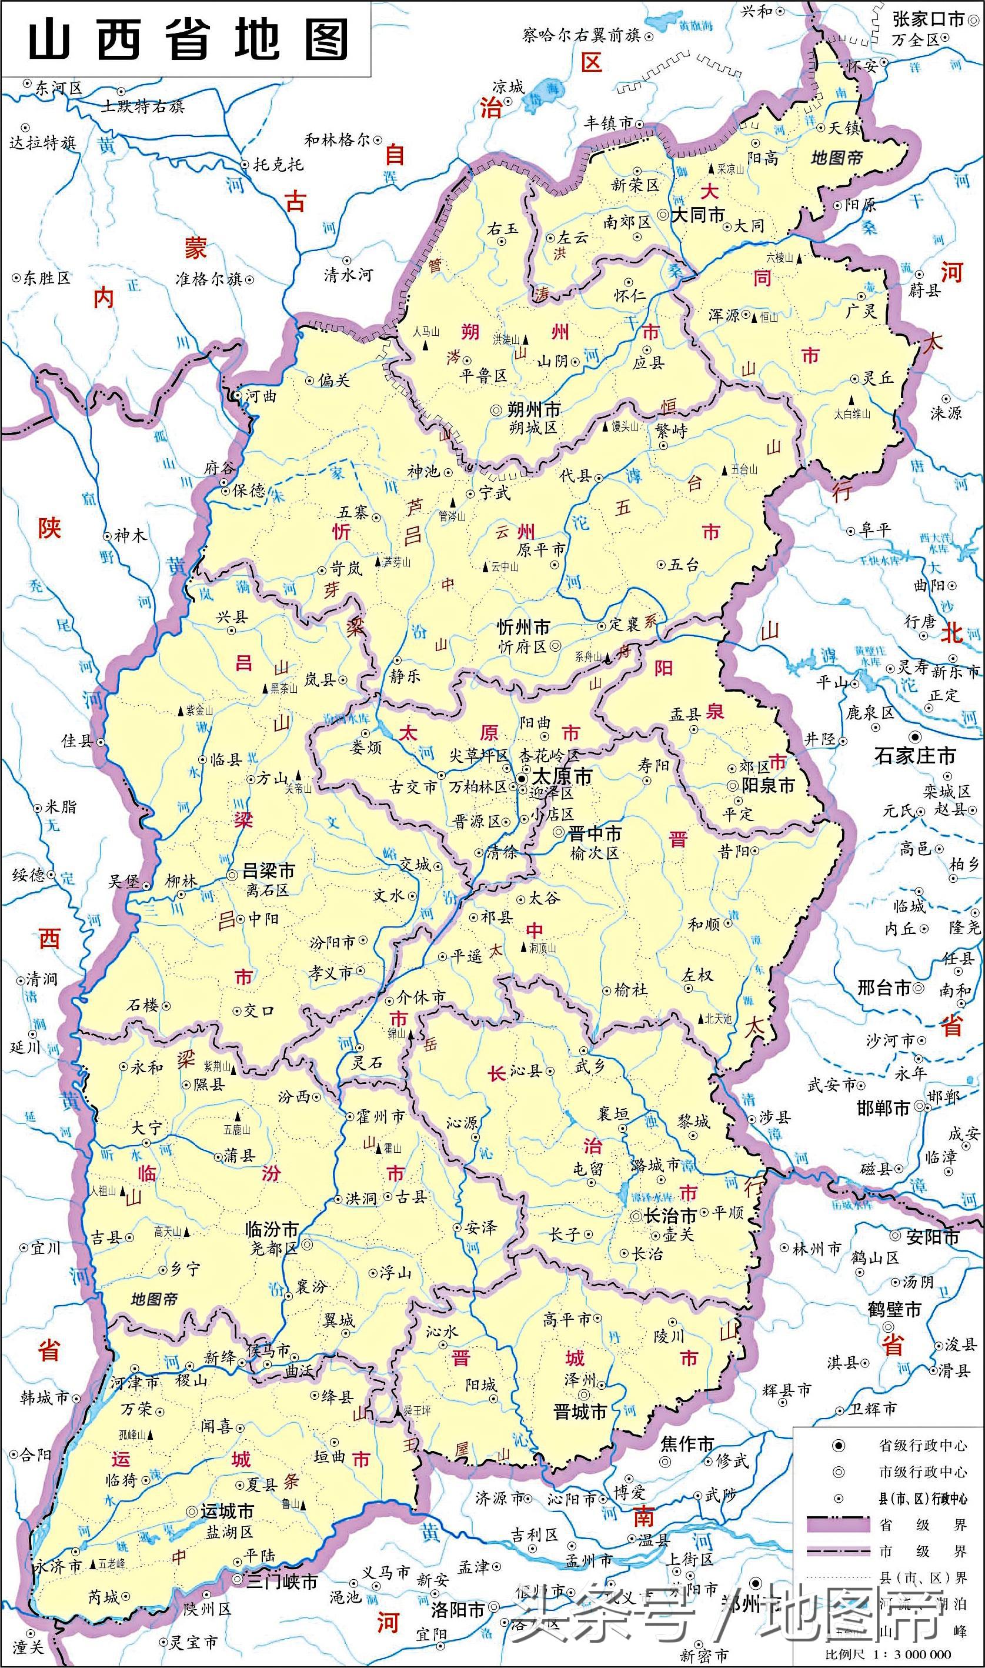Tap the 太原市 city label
(x=563, y=776)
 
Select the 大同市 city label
(x=698, y=215)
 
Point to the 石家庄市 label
(x=915, y=756)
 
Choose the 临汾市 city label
(x=272, y=1229)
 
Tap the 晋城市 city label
(x=580, y=1412)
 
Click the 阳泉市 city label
(x=768, y=785)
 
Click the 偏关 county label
(x=333, y=381)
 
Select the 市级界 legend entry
(x=923, y=1551)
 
